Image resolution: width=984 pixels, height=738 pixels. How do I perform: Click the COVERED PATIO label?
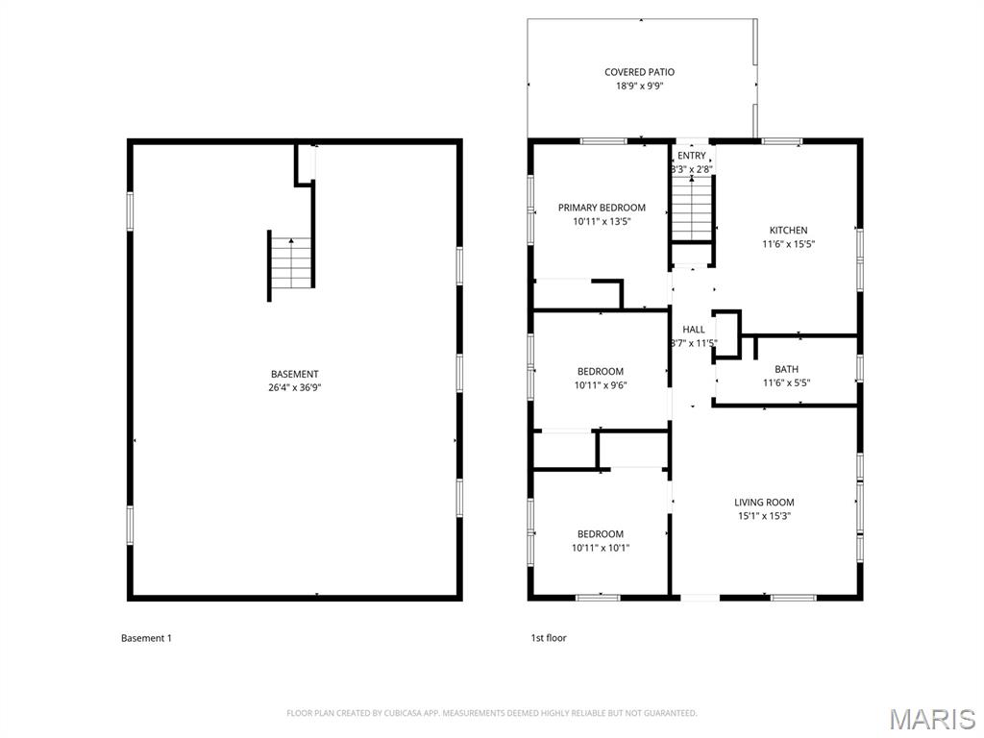(x=639, y=72)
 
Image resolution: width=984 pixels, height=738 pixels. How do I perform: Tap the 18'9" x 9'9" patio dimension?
(x=639, y=86)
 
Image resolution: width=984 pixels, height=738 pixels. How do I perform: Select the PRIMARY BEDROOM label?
(x=602, y=208)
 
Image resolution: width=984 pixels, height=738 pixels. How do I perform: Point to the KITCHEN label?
(x=788, y=231)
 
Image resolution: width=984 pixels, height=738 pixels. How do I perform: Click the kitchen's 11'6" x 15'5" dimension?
(x=788, y=244)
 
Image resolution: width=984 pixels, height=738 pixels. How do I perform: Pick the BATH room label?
(x=786, y=370)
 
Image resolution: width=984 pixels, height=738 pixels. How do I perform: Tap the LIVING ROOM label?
(x=764, y=502)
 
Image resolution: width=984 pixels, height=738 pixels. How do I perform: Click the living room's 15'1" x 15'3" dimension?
(x=764, y=516)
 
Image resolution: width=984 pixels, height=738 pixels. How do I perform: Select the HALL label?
(x=694, y=330)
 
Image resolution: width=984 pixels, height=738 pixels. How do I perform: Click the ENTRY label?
(x=692, y=156)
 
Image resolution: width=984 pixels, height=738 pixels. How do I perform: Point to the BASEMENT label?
(x=295, y=374)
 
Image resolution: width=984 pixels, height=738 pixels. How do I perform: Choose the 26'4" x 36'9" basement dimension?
(x=295, y=388)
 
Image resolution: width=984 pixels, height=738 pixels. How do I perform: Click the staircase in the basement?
(x=291, y=263)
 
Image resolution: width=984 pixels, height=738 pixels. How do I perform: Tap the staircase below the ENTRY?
(x=693, y=209)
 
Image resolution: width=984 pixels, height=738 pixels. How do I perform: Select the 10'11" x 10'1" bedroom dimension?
(x=601, y=548)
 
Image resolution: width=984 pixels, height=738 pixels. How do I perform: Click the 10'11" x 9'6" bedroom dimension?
(x=601, y=385)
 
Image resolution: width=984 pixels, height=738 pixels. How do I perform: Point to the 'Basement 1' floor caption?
(x=146, y=638)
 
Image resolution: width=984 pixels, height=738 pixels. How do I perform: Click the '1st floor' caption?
(x=549, y=638)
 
